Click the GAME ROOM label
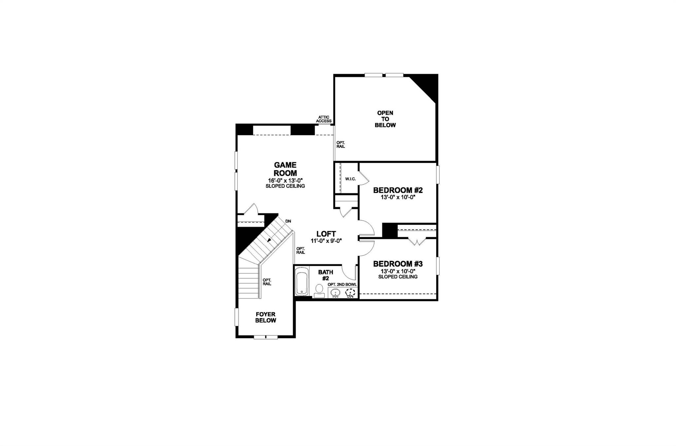[285, 169]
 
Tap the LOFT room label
[326, 234]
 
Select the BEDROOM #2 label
[398, 190]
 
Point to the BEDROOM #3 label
[398, 264]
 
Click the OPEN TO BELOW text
[385, 119]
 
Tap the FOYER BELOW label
[265, 317]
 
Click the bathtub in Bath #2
[302, 282]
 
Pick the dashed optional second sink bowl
[350, 293]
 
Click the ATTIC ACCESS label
[323, 119]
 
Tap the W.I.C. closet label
[350, 179]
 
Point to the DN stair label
[288, 221]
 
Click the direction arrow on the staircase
[270, 240]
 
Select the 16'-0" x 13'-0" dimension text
[285, 180]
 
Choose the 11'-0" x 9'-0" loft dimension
[326, 241]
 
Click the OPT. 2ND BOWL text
[342, 285]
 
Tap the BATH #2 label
[325, 275]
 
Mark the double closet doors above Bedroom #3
[417, 241]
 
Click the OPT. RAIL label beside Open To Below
[341, 145]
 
